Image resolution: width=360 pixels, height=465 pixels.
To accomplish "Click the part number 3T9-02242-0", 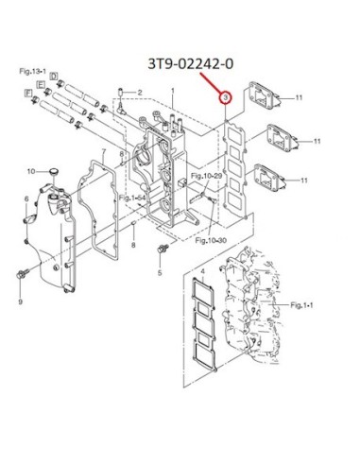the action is [x=191, y=64].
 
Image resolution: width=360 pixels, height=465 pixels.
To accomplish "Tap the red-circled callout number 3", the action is [x=226, y=98].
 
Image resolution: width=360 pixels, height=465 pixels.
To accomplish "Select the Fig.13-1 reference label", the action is [x=33, y=72].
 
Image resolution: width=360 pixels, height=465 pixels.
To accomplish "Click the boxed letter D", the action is [x=54, y=77].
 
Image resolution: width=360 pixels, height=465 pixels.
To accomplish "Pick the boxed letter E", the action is [x=41, y=84].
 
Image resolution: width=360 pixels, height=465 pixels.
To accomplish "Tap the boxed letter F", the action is [x=28, y=93].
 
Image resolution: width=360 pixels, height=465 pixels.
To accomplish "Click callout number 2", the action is [x=140, y=93].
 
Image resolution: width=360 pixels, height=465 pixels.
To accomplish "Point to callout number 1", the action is [x=173, y=91].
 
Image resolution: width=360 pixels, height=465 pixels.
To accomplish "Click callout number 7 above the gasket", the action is [x=103, y=152].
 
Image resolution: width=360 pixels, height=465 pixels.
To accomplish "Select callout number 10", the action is [x=31, y=171].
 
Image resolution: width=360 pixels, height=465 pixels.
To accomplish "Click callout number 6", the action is [x=26, y=199].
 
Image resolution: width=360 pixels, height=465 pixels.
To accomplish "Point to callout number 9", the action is [x=21, y=301].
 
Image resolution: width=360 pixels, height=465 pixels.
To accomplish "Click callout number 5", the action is [x=160, y=272].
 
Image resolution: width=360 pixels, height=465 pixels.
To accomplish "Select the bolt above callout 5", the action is [x=163, y=249].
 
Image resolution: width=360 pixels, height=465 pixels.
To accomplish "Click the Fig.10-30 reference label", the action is [x=211, y=241].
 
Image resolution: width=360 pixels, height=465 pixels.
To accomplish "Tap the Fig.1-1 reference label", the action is [x=301, y=305].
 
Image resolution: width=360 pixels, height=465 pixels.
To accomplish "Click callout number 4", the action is [x=202, y=271].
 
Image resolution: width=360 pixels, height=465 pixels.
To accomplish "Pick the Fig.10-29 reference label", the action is [x=207, y=176].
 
